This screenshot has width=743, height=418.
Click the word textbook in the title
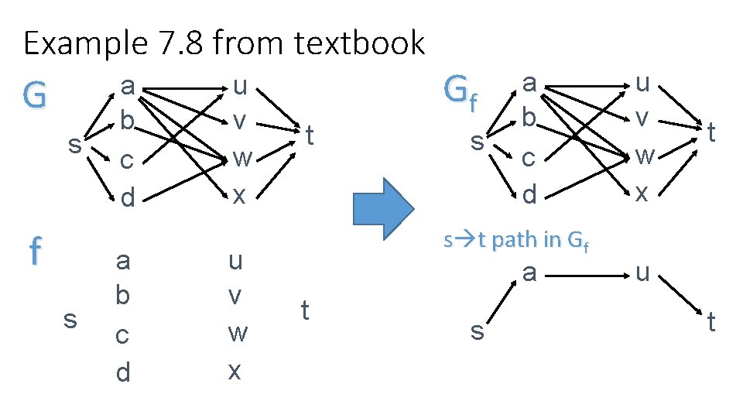[x=360, y=43]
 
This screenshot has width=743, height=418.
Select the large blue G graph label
[x=35, y=96]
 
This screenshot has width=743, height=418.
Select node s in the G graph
[x=74, y=145]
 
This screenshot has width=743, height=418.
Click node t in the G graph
[x=309, y=137]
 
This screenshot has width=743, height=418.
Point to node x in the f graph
[x=235, y=370]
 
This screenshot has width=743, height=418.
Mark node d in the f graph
[x=123, y=372]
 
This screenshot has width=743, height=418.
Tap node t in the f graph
[x=305, y=310]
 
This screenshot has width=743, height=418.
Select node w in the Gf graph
[x=644, y=157]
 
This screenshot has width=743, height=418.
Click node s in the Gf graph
[x=478, y=142]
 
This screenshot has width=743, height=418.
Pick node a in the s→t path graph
[x=529, y=272]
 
